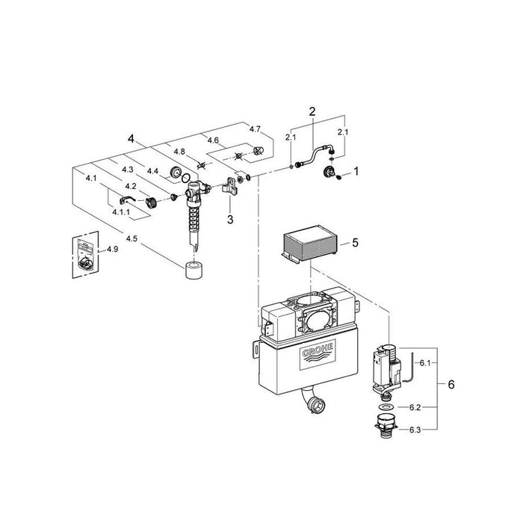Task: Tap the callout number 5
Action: [x=355, y=243]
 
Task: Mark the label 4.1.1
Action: [x=121, y=211]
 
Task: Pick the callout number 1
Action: [x=356, y=171]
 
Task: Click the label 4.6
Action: [x=213, y=140]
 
